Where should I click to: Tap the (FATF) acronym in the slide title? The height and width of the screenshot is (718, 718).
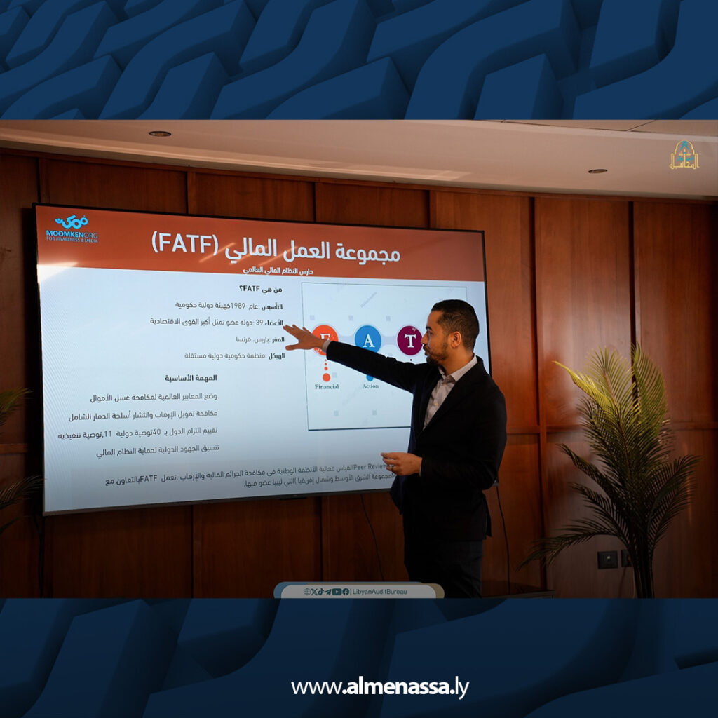184,243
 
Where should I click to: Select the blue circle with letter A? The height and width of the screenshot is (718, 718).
367,339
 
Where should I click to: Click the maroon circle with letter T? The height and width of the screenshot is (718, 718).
409,340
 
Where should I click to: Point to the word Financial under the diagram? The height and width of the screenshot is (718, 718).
326,386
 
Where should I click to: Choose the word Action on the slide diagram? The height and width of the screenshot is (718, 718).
370,386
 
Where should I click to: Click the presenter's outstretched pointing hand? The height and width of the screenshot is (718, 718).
301,338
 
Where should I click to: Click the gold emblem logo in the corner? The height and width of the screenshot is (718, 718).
684,155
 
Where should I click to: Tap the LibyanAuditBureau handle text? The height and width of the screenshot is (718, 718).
379,592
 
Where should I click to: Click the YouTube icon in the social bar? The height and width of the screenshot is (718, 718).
337,592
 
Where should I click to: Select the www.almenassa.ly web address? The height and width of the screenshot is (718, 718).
379,688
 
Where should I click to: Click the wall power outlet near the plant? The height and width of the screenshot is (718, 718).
607,559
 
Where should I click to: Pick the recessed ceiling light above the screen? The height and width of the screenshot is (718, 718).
160,133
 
